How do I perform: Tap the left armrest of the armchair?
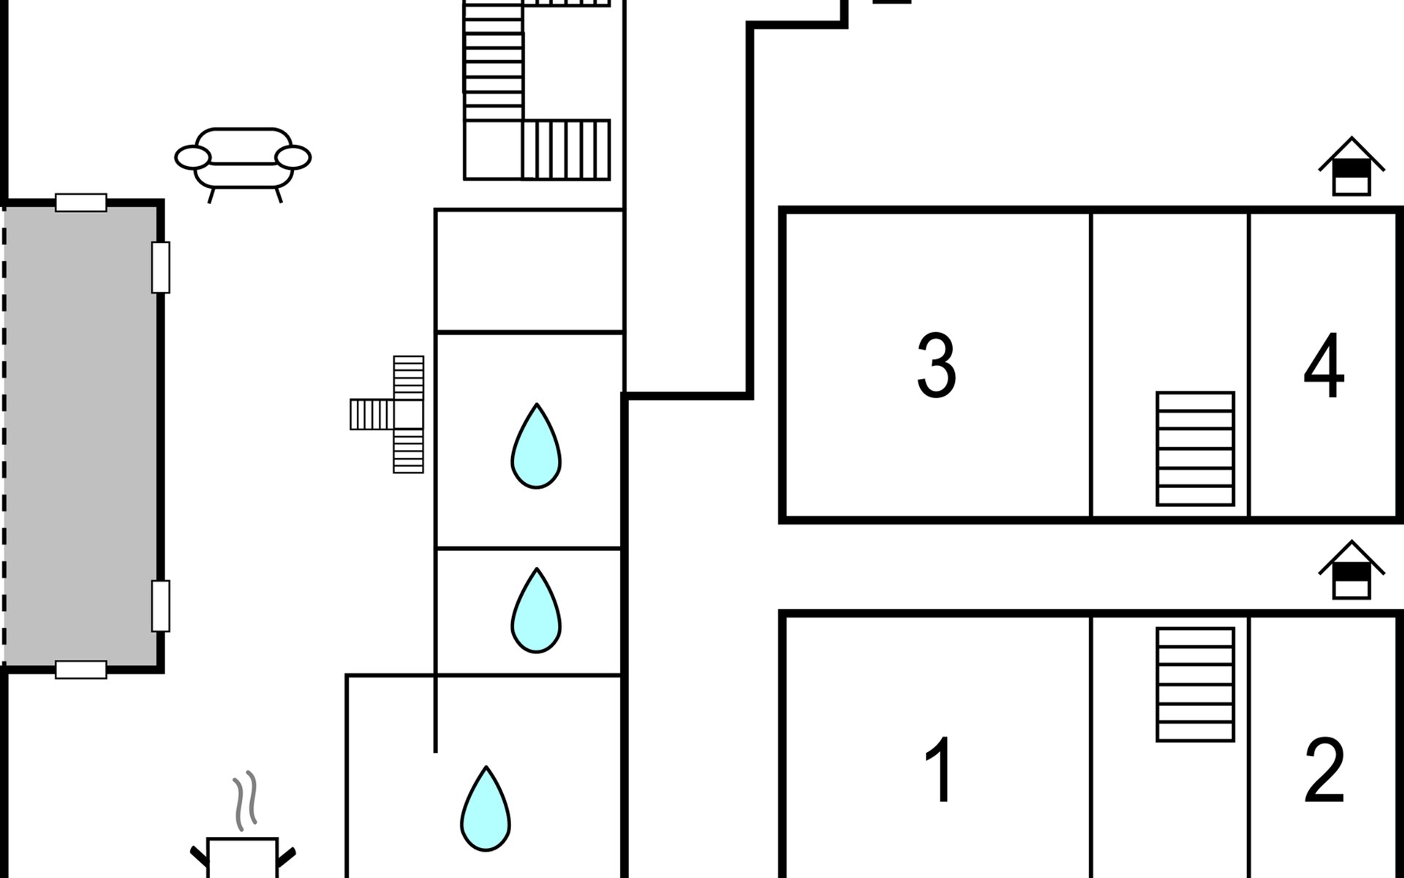coord(193,157)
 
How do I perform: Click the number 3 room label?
coord(937,365)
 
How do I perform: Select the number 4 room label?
coord(1324,365)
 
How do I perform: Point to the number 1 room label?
coord(939,770)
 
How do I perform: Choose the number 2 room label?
coord(1324,770)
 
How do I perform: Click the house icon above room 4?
coord(1351,167)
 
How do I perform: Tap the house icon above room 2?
coord(1351,570)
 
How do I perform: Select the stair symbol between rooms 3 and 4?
coord(1196,449)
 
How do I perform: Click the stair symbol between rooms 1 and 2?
coord(1196,685)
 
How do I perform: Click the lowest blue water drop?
coord(486,808)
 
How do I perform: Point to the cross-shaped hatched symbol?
coord(387,414)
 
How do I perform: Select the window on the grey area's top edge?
coord(81,203)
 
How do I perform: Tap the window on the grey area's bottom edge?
coord(81,669)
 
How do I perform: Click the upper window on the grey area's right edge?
coord(161,267)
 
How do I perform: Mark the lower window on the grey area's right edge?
coord(161,606)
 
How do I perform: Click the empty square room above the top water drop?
coord(529,271)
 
